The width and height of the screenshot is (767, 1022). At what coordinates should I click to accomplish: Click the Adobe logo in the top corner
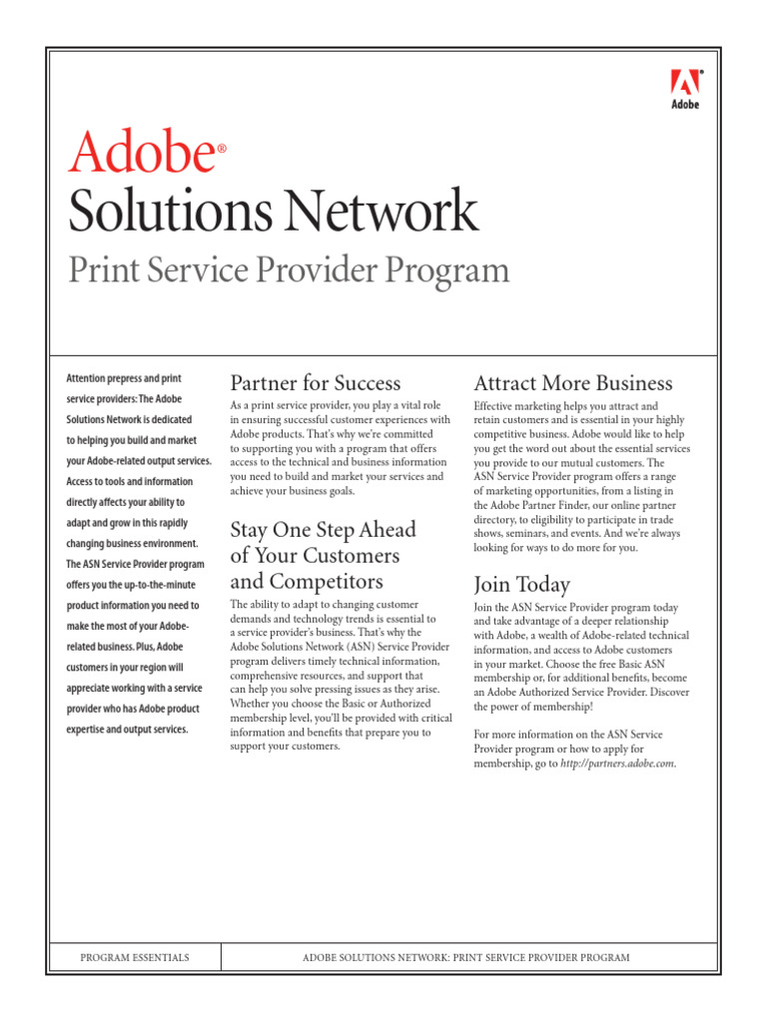(684, 88)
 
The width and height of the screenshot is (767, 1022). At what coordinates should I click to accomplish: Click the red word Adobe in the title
(140, 154)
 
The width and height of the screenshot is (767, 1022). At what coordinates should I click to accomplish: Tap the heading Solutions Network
(273, 211)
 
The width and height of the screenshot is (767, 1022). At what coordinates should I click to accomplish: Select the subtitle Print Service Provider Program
(288, 269)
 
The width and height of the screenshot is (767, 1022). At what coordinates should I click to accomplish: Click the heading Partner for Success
(316, 383)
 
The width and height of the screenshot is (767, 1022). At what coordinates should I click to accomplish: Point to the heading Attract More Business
(573, 383)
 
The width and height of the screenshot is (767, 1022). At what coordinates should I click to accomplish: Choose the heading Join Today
(522, 585)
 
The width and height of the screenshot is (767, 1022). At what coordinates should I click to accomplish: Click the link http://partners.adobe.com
(617, 764)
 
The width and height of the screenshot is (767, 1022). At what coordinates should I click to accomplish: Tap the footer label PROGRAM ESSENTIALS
(135, 958)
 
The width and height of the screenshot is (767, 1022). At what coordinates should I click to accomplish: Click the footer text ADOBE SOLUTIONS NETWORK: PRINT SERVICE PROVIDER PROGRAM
(465, 958)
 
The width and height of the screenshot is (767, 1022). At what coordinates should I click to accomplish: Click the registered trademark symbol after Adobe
(222, 148)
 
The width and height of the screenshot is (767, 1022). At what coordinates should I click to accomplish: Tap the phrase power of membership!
(547, 707)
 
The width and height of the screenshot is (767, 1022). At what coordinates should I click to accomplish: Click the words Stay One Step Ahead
(323, 529)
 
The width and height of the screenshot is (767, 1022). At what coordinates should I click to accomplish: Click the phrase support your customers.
(285, 747)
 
